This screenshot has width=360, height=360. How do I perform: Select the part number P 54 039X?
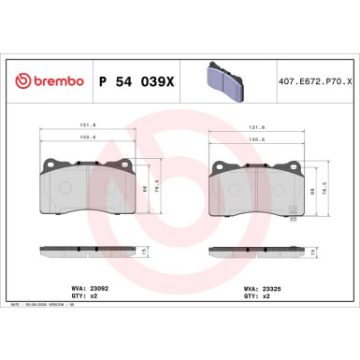[x=137, y=81]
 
